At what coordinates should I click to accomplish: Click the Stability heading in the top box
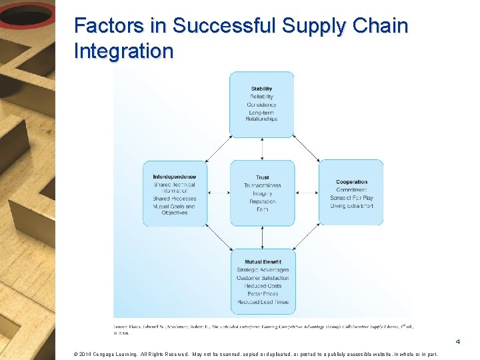tap(261, 89)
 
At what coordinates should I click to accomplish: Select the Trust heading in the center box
tap(262, 177)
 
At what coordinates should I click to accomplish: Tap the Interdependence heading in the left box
tap(174, 177)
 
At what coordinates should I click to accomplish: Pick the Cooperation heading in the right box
tap(351, 182)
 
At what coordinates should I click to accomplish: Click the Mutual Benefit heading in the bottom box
tap(263, 262)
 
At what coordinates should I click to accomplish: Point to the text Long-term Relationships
tap(261, 116)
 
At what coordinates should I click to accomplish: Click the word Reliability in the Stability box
tap(261, 97)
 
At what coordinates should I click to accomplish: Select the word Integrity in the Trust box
tap(262, 193)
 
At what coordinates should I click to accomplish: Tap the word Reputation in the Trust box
tap(262, 201)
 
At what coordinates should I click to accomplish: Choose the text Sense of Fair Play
tap(351, 198)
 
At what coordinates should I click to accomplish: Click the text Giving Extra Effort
tap(351, 206)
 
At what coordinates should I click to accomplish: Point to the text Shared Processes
tap(174, 199)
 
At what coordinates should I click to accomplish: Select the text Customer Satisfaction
tap(263, 278)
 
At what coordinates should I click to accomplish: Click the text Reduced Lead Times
tap(263, 302)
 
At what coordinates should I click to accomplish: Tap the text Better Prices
tap(263, 294)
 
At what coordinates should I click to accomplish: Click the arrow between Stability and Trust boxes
tap(262, 149)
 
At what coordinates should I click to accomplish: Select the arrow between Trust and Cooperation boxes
tap(307, 193)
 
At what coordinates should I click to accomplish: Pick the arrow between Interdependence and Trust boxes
tap(219, 193)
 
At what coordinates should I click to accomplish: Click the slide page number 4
tap(457, 342)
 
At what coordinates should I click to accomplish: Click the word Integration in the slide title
tap(124, 51)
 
